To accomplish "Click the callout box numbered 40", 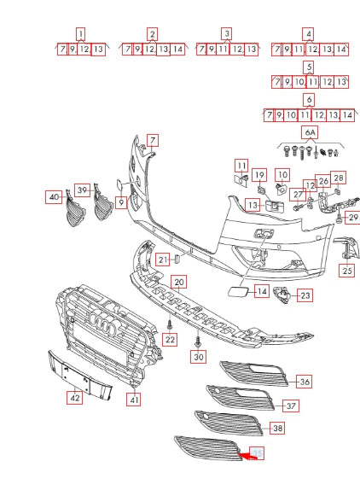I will pos(54,197).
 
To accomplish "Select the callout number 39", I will pos(82,190).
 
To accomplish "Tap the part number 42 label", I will pos(75,396).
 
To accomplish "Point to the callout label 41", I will pos(134,399).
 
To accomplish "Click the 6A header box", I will pos(309,133).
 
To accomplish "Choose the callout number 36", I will pos(304,382).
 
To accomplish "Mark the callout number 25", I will pos(346,271).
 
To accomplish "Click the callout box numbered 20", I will pos(178,282).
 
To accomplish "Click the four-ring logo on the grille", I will pos(102,330).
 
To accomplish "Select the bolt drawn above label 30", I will pos(198,339).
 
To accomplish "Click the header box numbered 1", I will pos(80,34).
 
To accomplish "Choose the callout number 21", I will pos(162,260).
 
